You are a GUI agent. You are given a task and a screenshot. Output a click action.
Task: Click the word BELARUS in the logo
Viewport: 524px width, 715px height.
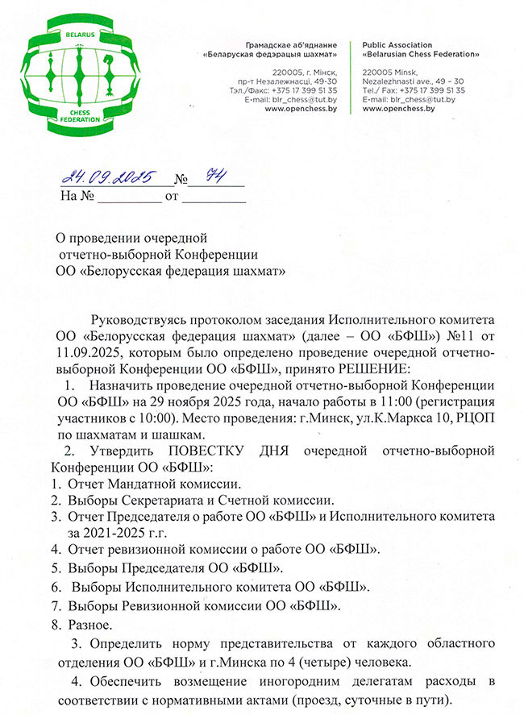pyautogui.click(x=80, y=37)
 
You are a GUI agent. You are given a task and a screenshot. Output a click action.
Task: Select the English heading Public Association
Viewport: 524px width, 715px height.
pyautogui.click(x=397, y=44)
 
